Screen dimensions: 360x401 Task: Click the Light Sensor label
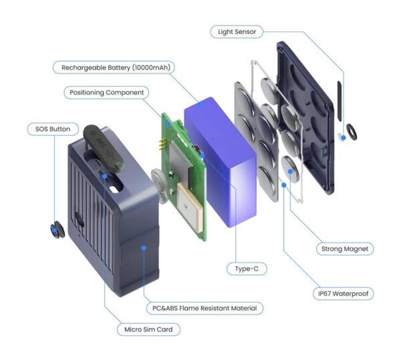237,31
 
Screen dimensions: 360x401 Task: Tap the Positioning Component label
107,92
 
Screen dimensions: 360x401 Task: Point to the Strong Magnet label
344,249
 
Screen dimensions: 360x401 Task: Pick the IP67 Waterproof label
344,293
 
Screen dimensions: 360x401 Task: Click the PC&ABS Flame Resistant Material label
204,308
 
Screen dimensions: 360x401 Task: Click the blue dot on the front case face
142,248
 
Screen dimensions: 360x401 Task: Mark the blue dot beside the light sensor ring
341,136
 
